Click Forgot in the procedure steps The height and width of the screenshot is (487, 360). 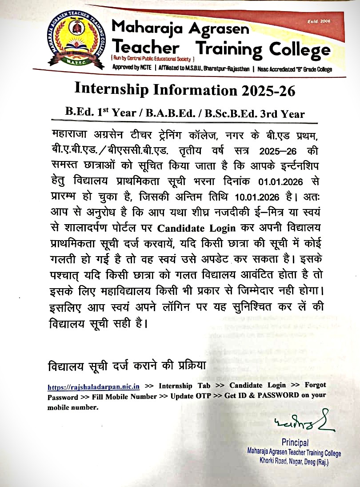coord(315,385)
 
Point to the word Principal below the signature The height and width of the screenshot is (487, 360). coord(295,443)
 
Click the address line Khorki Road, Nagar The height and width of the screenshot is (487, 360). coord(294,463)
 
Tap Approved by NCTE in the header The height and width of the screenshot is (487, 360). coord(131,69)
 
